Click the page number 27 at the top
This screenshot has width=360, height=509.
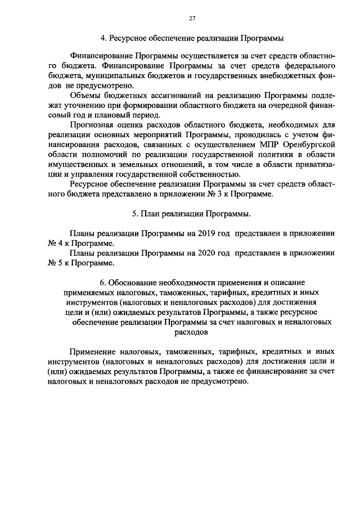click(192, 19)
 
